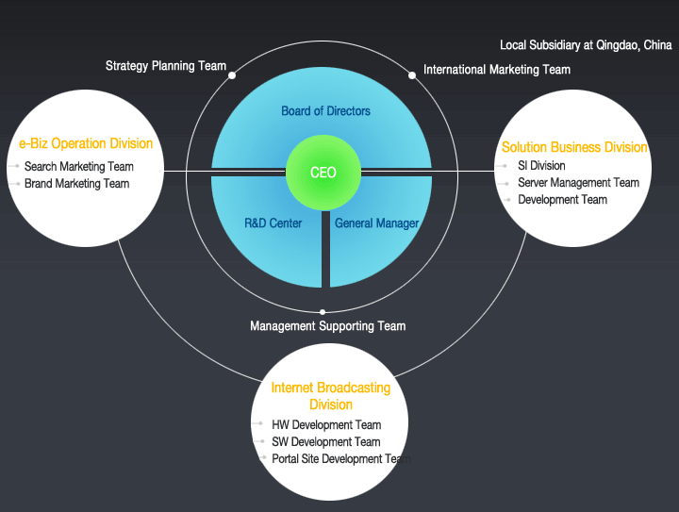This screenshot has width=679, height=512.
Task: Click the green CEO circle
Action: (323, 173)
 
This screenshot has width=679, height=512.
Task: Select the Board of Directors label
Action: (325, 111)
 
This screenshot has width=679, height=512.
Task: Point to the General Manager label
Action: (376, 223)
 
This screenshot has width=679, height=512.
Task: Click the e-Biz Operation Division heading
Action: (86, 144)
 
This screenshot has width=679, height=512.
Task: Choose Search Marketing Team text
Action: (79, 167)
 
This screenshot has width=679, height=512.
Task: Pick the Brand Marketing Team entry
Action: (77, 184)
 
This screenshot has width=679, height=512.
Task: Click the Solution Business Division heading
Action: (574, 147)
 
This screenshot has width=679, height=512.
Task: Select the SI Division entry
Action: (541, 166)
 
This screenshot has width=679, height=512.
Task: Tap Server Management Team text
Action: (578, 183)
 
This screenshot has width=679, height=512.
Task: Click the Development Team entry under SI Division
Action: (562, 200)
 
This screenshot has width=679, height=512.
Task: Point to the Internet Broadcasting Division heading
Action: (330, 396)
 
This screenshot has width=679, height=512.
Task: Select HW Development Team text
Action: (326, 425)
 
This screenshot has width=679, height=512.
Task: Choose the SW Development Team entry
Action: (326, 442)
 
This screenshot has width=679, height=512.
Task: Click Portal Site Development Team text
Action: (340, 459)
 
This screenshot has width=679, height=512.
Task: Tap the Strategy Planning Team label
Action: (166, 66)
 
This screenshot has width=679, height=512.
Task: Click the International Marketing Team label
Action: (497, 70)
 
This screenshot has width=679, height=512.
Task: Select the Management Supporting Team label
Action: (327, 326)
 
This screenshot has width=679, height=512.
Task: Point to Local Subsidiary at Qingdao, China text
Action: (586, 45)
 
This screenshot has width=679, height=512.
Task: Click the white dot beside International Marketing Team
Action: (412, 74)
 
